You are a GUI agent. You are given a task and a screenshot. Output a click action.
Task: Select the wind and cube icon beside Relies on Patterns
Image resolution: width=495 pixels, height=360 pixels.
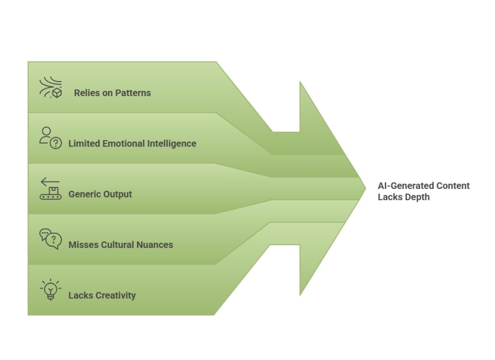pos(50,87)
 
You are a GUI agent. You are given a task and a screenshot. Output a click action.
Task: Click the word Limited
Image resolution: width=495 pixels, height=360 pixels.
pos(84,144)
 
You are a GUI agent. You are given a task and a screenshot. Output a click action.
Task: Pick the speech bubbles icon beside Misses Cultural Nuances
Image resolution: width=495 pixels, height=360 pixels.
pos(50,239)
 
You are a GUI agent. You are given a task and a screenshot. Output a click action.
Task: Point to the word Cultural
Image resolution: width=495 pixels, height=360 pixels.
pos(119,245)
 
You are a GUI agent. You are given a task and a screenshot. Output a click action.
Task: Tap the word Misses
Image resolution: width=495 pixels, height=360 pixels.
pos(83,245)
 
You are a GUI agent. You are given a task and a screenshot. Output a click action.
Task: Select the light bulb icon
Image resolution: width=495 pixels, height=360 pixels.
pos(50,290)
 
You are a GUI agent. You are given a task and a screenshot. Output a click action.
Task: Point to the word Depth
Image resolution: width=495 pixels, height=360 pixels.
pos(416,197)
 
